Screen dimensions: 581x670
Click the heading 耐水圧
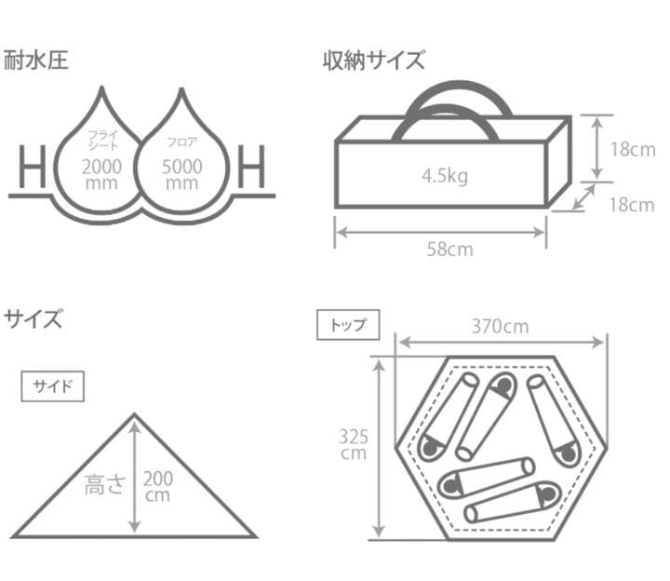pos(35,61)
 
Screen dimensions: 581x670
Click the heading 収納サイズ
pos(373,61)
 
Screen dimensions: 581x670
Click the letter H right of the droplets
pos(252,168)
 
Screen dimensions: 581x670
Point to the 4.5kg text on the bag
pos(444,175)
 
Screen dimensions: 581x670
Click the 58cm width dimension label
pos(446,250)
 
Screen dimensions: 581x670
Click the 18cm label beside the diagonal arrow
pos(631,206)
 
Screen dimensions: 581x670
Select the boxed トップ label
pos(348,325)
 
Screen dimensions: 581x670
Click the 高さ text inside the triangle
pos(104,485)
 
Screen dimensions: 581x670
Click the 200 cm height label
pos(158,486)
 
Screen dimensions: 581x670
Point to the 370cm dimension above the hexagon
pos(500,326)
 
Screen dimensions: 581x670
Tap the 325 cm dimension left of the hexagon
pos(354,445)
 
